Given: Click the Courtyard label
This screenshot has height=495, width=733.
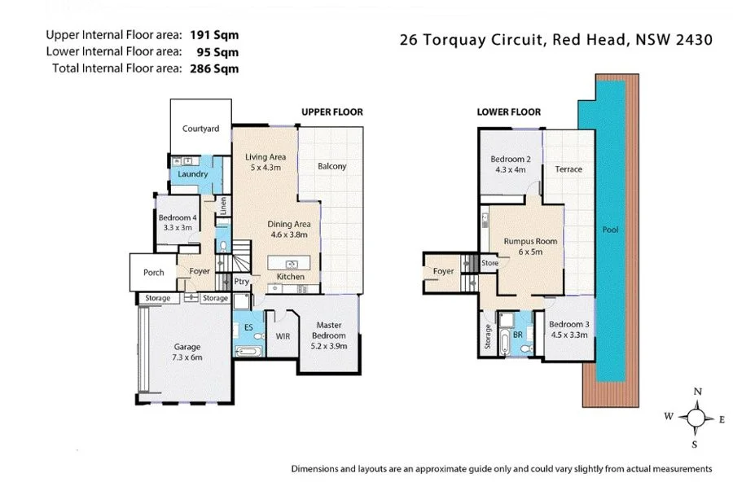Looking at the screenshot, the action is point(201,129).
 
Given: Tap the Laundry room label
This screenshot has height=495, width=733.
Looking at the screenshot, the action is point(193,174).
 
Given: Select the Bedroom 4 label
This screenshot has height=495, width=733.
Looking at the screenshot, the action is point(178,218).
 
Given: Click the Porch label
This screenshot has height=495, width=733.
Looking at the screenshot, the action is point(154,273).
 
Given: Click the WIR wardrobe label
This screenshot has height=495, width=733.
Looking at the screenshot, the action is point(282,335).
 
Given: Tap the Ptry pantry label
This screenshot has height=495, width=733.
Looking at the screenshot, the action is point(242,282).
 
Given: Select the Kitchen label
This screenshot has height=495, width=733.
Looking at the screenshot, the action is point(291,277).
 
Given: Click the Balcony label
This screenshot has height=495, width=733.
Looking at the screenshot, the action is point(331,166).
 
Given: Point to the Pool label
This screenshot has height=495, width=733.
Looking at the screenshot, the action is point(610,230).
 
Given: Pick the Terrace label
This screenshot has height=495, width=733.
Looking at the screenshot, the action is point(568,169).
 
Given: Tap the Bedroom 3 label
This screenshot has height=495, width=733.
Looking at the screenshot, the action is point(569,328).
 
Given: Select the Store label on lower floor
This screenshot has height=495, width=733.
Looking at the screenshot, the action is point(489,263).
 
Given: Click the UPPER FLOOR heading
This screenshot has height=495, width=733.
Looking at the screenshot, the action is point(331,112).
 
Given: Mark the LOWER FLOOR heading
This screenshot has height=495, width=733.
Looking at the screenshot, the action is point(509,112).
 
